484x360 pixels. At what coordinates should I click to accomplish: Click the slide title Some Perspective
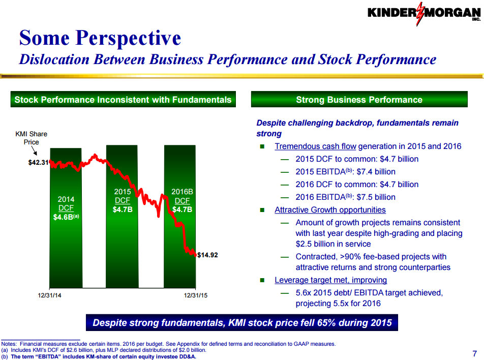100,38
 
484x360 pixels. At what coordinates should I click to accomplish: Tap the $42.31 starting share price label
38,163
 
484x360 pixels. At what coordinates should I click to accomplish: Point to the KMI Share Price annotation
32,138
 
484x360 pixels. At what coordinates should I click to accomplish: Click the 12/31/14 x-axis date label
49,295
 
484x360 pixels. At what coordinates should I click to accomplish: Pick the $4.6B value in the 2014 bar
64,217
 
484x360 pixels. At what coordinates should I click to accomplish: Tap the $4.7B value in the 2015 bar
123,208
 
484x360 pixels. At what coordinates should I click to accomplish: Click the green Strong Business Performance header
359,100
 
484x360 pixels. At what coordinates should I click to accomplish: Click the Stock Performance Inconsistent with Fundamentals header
123,100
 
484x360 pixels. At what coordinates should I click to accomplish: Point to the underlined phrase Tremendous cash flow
315,146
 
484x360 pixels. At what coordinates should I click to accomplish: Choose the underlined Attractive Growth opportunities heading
330,210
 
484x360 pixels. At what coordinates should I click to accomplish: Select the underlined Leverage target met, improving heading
330,280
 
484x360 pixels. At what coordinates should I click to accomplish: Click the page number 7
474,354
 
